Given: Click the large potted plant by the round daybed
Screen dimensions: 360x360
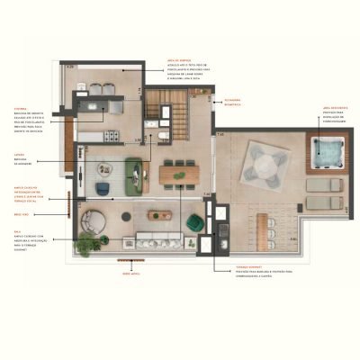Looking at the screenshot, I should pos(87,243).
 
